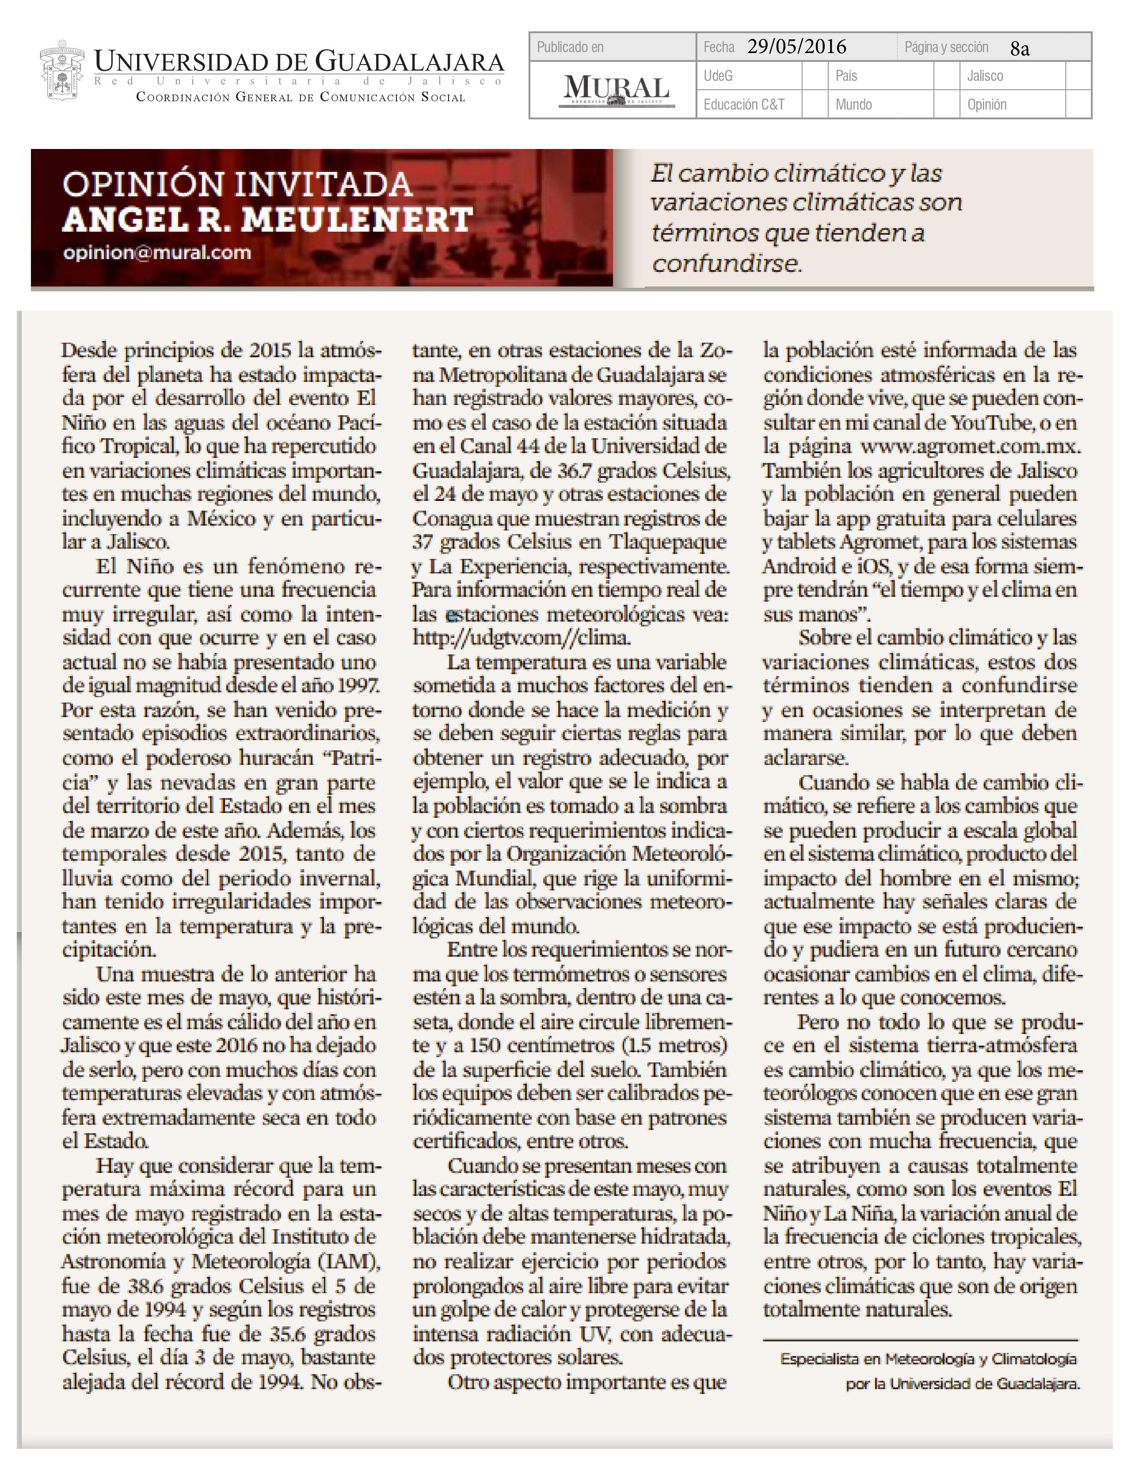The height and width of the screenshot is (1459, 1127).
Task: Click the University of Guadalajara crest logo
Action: pyautogui.click(x=61, y=71)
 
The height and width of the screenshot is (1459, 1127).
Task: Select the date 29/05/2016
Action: pyautogui.click(x=796, y=47)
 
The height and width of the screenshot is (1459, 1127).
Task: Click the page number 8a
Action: pyautogui.click(x=1020, y=49)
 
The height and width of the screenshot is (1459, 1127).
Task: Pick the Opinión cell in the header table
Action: pyautogui.click(x=987, y=105)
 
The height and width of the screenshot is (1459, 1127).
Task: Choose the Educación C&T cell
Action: pyautogui.click(x=744, y=105)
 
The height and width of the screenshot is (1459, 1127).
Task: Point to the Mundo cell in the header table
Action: pyautogui.click(x=853, y=105)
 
